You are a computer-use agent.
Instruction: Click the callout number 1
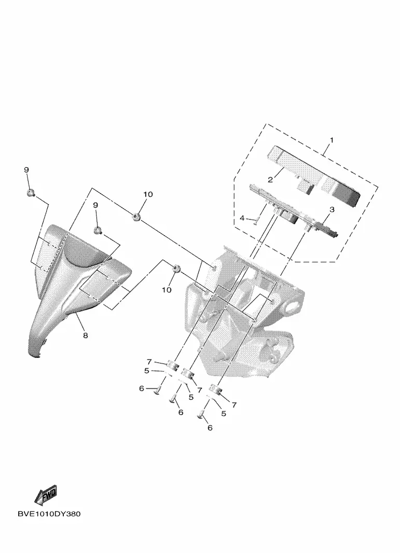point(332,140)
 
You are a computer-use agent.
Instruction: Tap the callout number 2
point(270,180)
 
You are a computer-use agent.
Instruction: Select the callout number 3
point(332,209)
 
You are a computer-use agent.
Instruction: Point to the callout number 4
point(242,219)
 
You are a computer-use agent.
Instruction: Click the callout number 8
point(85,335)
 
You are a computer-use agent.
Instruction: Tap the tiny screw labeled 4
point(257,221)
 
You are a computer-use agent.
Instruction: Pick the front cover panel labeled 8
point(71,289)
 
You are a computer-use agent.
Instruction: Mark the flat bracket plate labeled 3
point(293,210)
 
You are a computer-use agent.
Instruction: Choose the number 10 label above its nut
point(148,194)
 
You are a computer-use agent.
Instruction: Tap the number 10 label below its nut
point(167,290)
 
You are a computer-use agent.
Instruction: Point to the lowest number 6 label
point(210,428)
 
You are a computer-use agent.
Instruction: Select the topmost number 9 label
point(26,170)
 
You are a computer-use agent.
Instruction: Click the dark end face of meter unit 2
point(347,196)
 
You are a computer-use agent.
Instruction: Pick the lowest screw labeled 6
point(201,414)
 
